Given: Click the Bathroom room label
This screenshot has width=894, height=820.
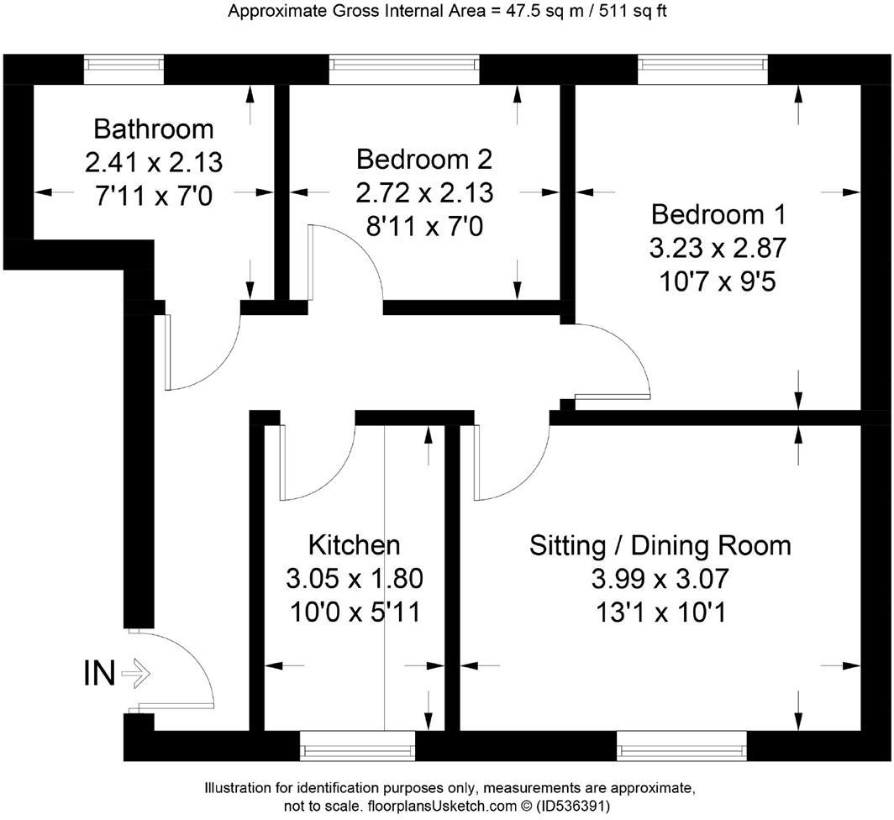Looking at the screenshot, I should coord(153,129).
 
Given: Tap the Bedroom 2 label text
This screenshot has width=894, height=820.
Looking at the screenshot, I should coord(423,159).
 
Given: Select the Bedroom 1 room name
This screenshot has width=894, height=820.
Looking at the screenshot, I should coord(718,214).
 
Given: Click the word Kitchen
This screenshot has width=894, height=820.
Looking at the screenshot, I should coord(354,544).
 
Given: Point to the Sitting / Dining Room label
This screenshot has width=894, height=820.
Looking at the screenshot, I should coord(660,544).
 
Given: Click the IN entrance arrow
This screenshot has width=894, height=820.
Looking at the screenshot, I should coord(134,673).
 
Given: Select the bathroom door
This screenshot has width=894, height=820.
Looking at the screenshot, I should coord(202,353).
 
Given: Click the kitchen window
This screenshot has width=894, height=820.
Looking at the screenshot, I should coord(358,744).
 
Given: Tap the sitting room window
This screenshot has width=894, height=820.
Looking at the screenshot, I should coord(681,744).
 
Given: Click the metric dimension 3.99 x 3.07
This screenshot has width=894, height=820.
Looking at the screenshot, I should coord(660,579).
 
